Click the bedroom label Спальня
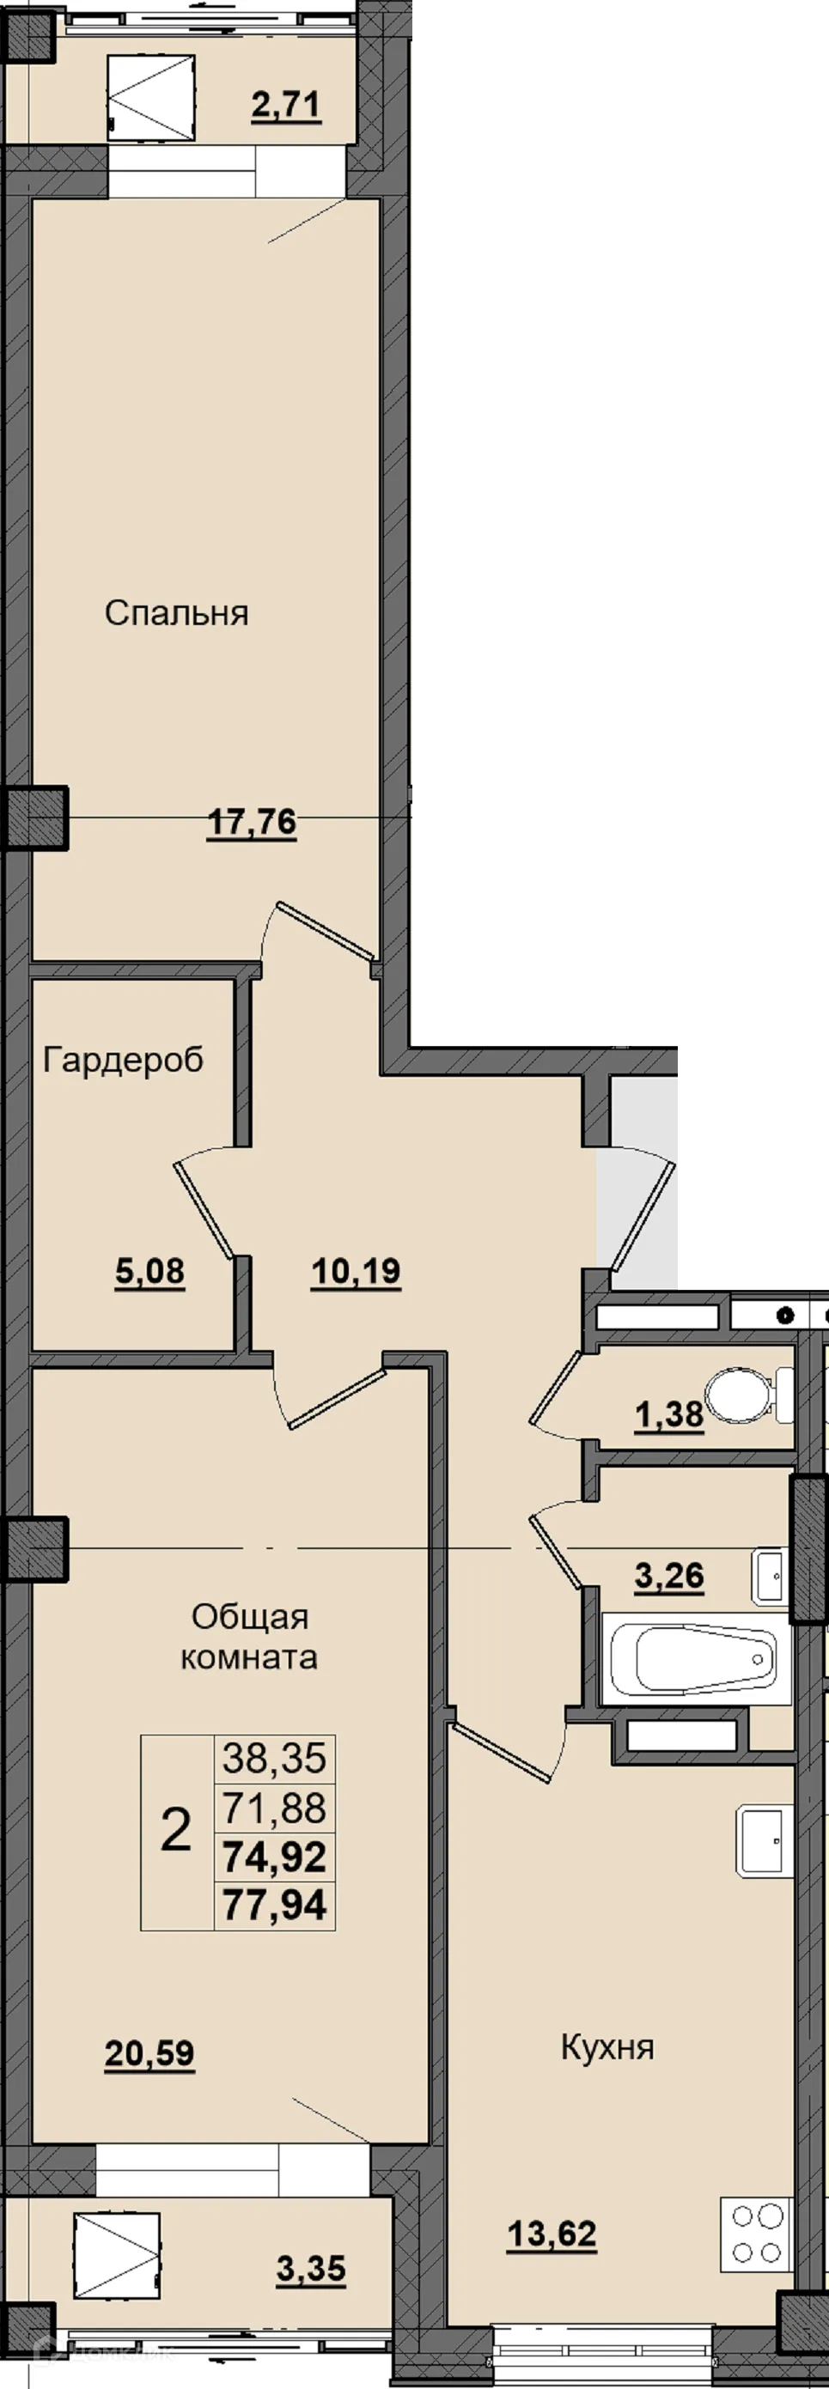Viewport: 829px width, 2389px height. click(x=176, y=613)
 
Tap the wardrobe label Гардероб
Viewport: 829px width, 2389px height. click(x=124, y=1060)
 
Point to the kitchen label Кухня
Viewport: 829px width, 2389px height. click(x=607, y=2048)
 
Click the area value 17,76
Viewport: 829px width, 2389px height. click(x=253, y=822)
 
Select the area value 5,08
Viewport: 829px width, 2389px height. click(x=150, y=1272)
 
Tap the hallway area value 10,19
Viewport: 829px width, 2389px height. click(x=356, y=1272)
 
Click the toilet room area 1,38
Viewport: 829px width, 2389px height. click(x=669, y=1414)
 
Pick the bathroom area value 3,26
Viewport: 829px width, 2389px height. click(x=669, y=1576)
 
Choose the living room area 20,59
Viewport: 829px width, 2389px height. click(x=150, y=2054)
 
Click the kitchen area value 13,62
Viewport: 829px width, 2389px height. click(x=552, y=2235)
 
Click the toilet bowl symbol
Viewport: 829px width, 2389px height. click(x=749, y=1396)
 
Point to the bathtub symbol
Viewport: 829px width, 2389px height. click(x=696, y=1658)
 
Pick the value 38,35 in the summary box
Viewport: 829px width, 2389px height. click(x=275, y=1758)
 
